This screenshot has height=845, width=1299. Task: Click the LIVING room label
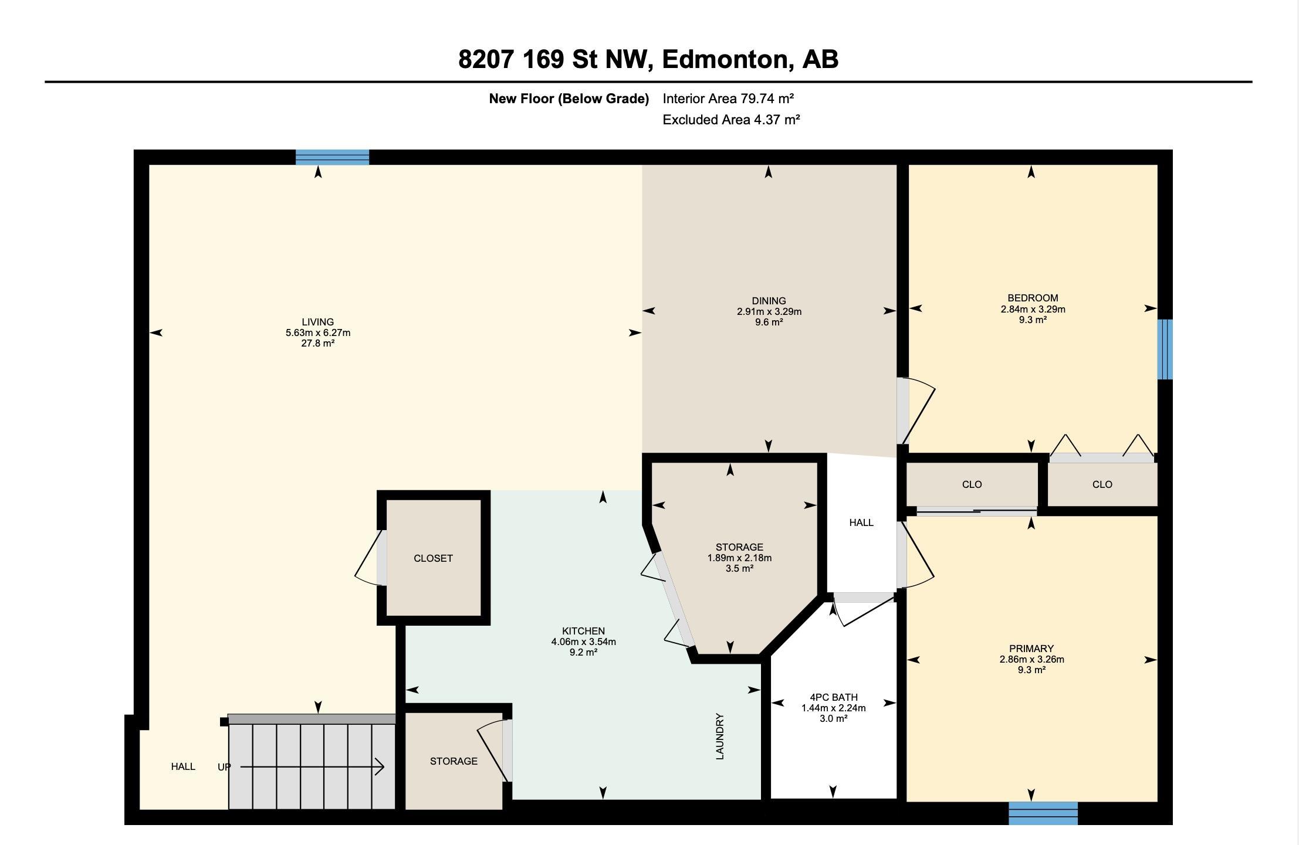(318, 322)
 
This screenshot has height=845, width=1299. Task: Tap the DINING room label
(769, 301)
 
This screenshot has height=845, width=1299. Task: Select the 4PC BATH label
(834, 697)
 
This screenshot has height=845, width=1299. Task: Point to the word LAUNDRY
(720, 737)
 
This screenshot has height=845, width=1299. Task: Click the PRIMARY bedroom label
(1031, 649)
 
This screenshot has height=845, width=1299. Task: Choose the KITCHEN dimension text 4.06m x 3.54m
(583, 642)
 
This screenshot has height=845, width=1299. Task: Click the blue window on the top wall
(332, 157)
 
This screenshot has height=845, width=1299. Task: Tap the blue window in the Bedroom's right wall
(1165, 349)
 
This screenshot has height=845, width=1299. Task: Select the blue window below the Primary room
(1043, 813)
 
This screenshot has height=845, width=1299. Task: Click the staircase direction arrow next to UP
(312, 766)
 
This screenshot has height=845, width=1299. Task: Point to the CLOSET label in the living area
(433, 558)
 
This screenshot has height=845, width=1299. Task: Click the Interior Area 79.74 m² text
(728, 99)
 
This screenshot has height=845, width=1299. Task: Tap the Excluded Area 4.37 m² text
(731, 120)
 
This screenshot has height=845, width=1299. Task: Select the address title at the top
(648, 59)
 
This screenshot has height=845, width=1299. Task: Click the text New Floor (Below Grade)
(569, 99)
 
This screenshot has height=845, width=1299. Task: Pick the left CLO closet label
(972, 484)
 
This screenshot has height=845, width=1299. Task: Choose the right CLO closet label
(1102, 484)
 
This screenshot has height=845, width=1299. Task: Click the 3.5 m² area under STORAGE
(739, 568)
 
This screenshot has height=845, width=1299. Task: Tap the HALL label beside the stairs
(183, 766)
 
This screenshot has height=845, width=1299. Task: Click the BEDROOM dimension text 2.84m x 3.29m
(1033, 309)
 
